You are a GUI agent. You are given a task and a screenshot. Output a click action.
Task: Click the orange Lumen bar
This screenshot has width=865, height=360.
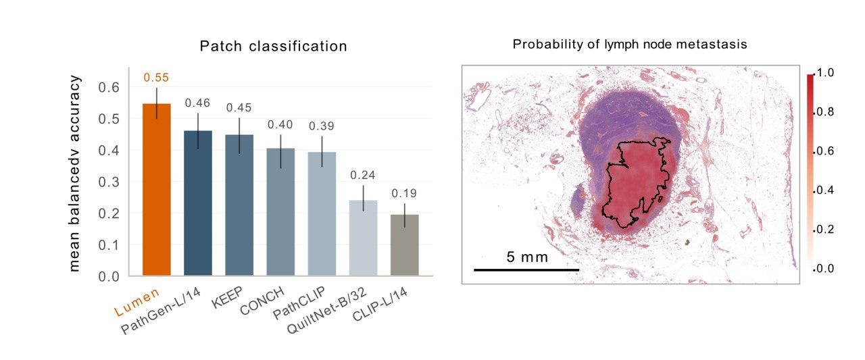(x=156, y=189)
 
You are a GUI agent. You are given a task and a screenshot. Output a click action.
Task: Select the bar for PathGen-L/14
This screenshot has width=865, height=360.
(x=198, y=203)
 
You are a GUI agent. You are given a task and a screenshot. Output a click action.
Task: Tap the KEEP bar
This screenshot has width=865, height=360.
(x=239, y=205)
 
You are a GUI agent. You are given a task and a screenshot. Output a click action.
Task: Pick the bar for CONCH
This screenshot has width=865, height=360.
(x=280, y=212)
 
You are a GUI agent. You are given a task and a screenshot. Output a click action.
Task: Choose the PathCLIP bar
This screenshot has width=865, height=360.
(x=322, y=213)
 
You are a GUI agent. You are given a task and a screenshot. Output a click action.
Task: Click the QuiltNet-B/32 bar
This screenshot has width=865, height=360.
(x=363, y=238)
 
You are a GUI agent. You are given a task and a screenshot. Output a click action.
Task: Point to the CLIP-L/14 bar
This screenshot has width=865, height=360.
(x=404, y=245)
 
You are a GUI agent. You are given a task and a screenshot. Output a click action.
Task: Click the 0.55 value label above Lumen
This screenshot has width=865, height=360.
(x=156, y=78)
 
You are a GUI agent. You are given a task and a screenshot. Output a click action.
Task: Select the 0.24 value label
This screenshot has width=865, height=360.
(x=363, y=175)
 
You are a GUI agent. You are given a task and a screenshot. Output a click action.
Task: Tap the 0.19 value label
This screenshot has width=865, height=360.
(x=404, y=193)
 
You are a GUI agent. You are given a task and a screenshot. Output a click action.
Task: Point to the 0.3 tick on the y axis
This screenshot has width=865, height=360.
(x=109, y=182)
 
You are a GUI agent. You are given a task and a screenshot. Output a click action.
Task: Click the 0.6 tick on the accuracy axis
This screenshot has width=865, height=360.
(x=109, y=87)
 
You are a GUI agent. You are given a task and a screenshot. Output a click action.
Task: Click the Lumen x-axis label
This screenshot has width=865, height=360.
(x=137, y=303)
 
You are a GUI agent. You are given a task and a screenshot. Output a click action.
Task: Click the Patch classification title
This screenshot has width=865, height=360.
(x=274, y=47)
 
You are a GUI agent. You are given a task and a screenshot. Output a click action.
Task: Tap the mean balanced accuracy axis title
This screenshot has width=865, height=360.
(x=74, y=174)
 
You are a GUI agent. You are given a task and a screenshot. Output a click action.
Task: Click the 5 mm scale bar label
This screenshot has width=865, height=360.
(x=527, y=257)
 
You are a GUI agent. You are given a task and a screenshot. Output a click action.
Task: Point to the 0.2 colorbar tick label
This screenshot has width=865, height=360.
(x=825, y=230)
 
